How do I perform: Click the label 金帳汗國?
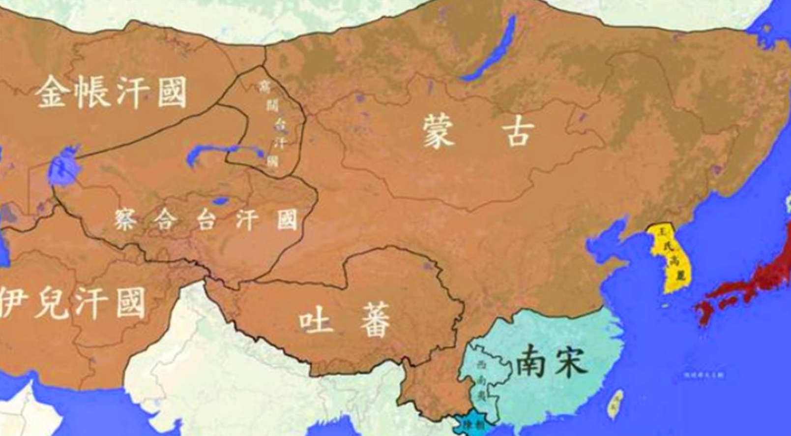click(112, 92)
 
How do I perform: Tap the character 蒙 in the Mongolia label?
click(439, 131)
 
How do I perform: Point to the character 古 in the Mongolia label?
click(518, 131)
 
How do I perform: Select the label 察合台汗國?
click(206, 219)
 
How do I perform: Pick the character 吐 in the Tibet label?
click(316, 321)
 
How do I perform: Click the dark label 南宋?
click(551, 362)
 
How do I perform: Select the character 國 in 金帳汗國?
click(172, 92)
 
